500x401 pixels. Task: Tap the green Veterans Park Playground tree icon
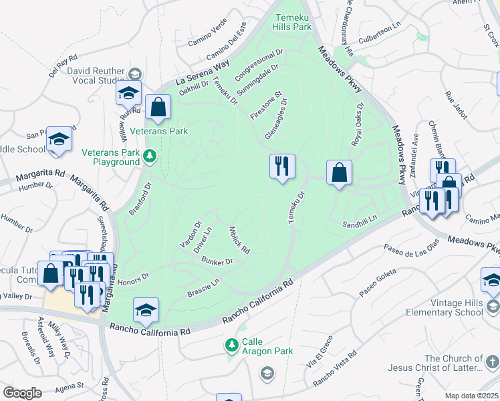tap(150, 156)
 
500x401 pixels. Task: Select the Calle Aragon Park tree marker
tap(231, 345)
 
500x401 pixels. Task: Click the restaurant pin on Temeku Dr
tap(282, 166)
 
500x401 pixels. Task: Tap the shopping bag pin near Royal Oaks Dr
tap(340, 172)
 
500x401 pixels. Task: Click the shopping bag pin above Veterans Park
tap(158, 107)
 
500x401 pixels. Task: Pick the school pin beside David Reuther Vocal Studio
tap(128, 94)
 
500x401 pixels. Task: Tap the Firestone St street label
tap(267, 102)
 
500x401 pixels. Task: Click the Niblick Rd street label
tap(239, 240)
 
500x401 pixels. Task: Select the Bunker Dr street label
tap(217, 261)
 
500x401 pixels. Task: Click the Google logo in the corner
tap(22, 393)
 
